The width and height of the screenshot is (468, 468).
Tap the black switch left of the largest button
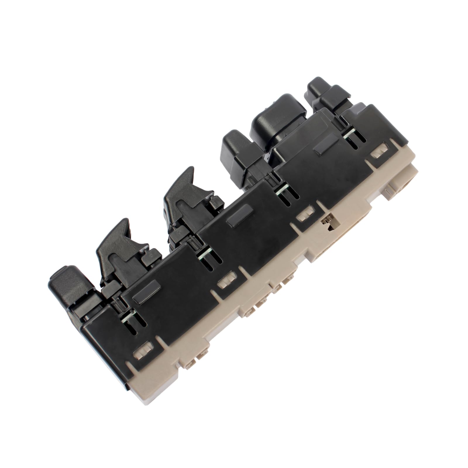click(x=235, y=152)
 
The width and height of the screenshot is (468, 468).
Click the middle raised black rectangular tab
click(x=238, y=217)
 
